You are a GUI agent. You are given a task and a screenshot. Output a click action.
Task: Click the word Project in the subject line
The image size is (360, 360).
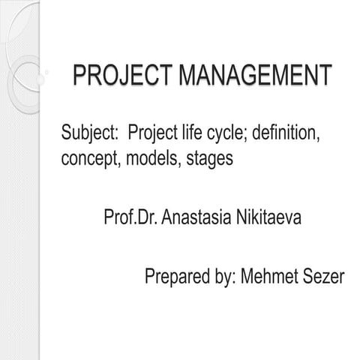point(153,135)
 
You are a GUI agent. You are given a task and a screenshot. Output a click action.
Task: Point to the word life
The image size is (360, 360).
point(193,135)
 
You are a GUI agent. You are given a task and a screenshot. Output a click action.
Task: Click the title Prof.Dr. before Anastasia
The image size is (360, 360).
point(130,218)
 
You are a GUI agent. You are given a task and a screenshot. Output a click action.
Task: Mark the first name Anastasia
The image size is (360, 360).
point(196,218)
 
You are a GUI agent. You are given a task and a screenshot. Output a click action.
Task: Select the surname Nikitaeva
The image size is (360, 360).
point(269,218)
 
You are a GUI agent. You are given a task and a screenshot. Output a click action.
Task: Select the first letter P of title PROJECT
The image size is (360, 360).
point(79,77)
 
